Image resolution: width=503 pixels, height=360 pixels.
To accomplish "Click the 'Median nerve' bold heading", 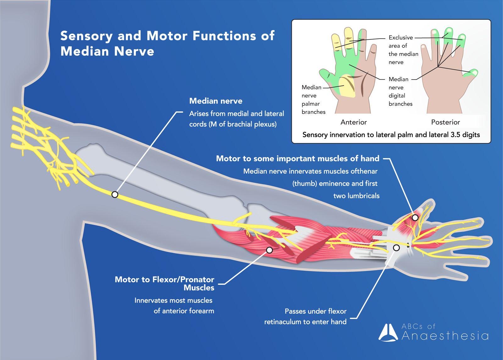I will pos(216,101).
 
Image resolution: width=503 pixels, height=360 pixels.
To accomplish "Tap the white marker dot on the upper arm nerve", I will pos(115,195).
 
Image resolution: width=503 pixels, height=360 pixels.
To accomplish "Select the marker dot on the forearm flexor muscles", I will pos(269,250).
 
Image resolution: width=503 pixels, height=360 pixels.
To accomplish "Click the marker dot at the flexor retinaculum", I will pos(396,248).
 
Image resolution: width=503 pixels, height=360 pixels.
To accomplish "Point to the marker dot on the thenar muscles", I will pos(415,218).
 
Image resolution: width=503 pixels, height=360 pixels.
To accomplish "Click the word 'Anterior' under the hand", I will pos(354,122).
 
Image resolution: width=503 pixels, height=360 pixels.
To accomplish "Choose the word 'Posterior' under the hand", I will pos(445,122).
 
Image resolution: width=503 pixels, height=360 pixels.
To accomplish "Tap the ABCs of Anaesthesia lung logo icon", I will pos(389,332).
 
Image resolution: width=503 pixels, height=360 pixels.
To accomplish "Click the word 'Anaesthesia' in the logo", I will pos(445,336).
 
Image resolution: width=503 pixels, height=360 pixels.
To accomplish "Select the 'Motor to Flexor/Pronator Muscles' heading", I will pos(164,283).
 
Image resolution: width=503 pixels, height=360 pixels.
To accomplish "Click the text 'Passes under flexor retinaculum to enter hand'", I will pos(305,316).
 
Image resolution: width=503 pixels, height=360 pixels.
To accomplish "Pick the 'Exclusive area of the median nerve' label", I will pos(403,50).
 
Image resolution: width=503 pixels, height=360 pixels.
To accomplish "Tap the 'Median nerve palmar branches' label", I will pos(313,99).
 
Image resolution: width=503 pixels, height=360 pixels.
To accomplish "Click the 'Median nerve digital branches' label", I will pos(400,91).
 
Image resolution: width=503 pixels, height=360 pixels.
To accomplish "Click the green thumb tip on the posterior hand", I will pos(473,73).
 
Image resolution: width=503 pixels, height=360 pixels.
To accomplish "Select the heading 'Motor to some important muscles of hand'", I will pos(297,158).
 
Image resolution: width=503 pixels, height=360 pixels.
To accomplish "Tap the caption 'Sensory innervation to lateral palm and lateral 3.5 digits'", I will pos(391,135).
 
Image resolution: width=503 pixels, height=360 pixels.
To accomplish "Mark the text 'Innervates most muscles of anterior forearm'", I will pos(174,306).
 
